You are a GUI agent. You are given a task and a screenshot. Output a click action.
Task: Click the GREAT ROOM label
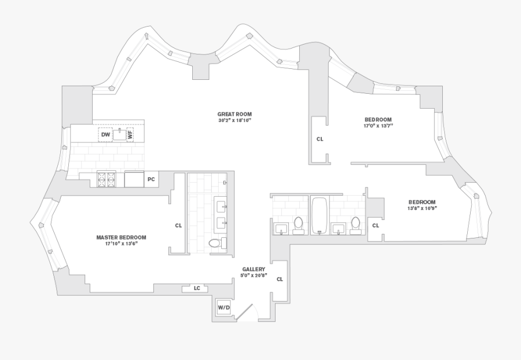(x=234, y=114)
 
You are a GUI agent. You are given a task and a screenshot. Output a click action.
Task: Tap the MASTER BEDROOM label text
(x=121, y=237)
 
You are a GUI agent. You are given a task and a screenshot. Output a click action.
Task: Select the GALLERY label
(x=254, y=269)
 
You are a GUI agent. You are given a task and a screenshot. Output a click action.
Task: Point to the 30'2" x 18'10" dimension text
(x=234, y=121)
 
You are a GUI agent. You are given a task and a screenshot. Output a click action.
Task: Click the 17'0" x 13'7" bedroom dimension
(x=378, y=125)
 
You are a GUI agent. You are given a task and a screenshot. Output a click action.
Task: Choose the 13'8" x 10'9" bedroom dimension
(x=421, y=208)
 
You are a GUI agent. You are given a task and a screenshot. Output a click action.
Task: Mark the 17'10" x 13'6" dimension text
(x=121, y=244)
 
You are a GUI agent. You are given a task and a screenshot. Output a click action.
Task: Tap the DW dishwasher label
(x=105, y=135)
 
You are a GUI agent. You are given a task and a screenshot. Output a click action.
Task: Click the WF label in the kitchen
(x=130, y=134)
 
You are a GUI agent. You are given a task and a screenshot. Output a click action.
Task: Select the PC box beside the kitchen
(x=151, y=179)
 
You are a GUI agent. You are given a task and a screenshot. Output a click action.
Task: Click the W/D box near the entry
(x=223, y=307)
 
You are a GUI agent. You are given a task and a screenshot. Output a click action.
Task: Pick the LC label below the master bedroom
(x=197, y=288)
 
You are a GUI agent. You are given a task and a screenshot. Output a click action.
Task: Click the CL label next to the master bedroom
(x=178, y=226)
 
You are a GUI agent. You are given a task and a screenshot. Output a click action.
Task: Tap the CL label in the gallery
(x=280, y=279)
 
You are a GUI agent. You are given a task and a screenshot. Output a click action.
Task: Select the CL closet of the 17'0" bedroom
(x=320, y=139)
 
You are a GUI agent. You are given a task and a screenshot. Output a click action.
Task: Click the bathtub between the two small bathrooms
(x=319, y=215)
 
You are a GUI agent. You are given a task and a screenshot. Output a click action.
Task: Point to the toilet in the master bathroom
(x=215, y=243)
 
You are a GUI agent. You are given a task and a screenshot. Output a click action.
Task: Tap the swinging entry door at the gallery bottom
(x=247, y=313)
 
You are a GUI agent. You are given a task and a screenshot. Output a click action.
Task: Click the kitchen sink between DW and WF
(x=119, y=134)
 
